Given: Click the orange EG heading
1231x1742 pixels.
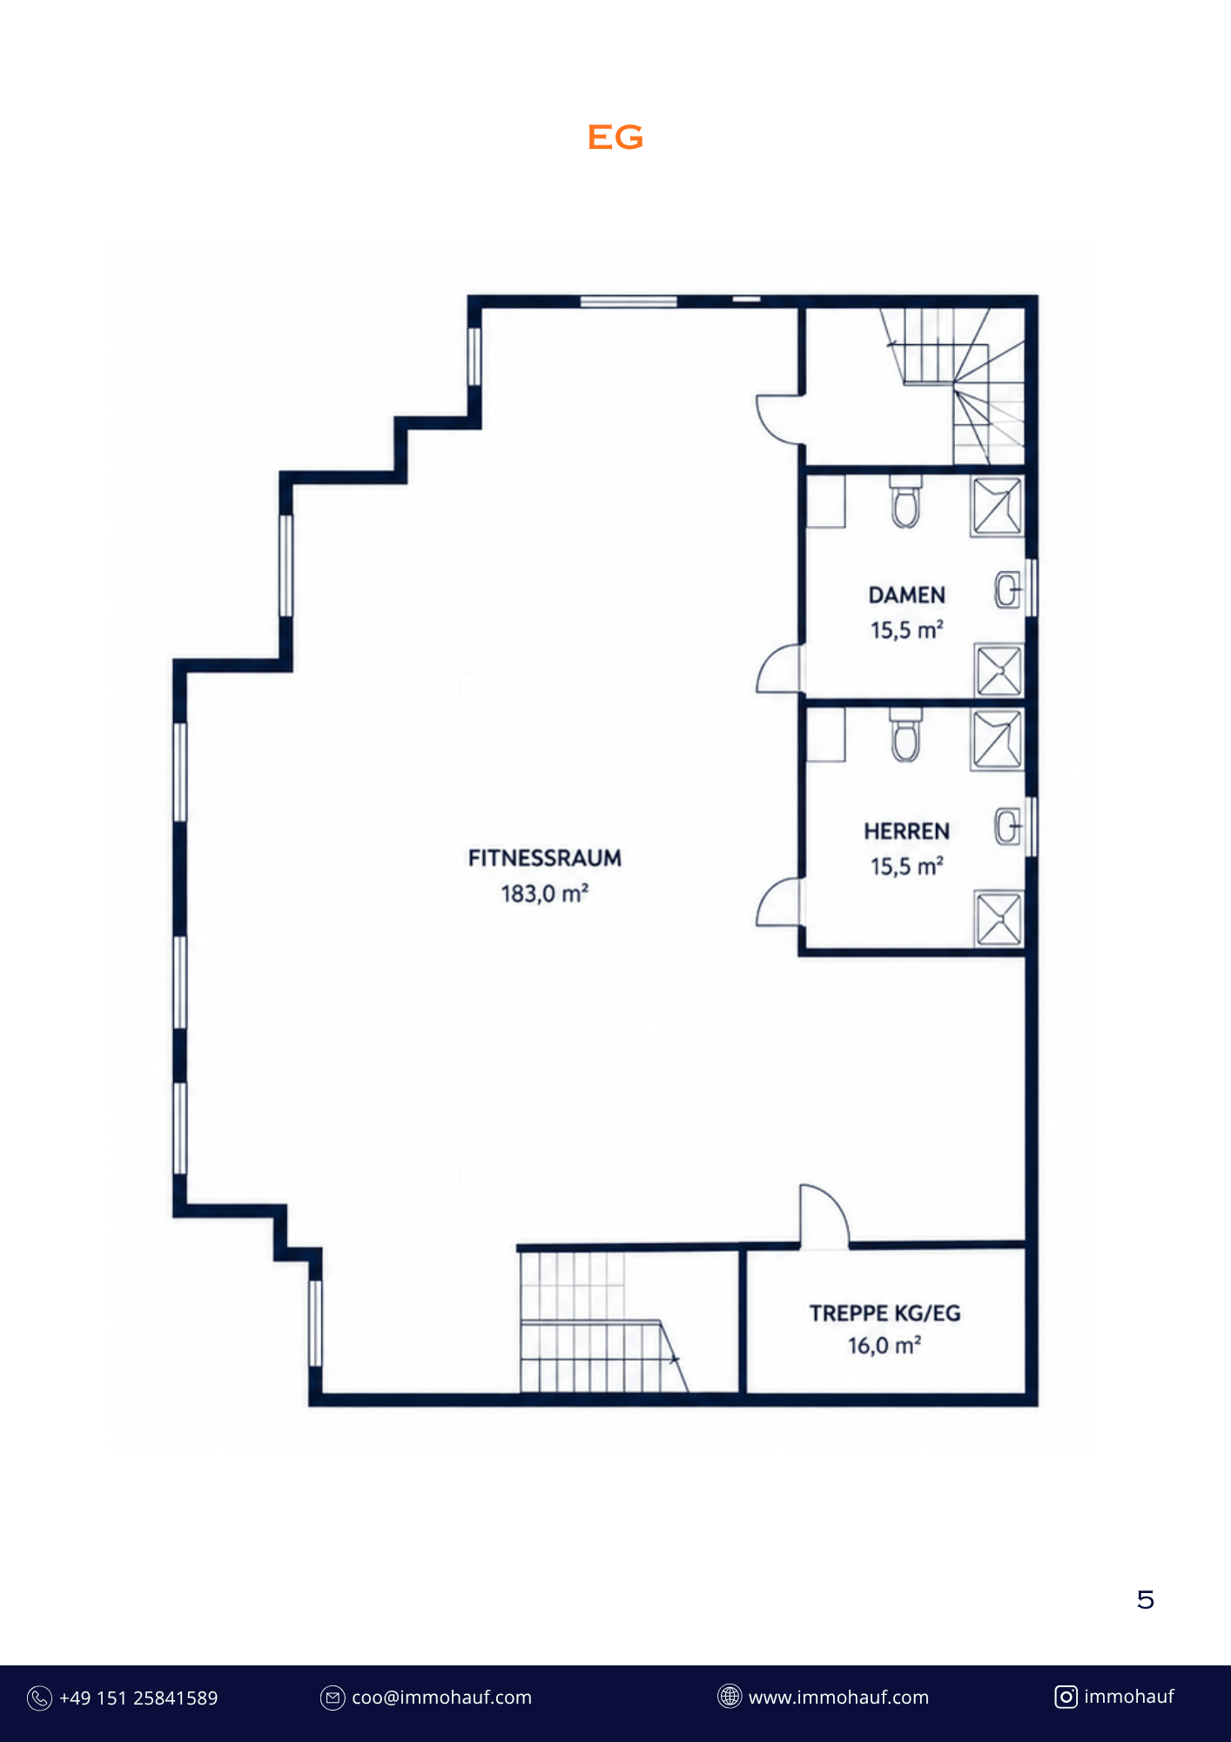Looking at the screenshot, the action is (x=615, y=137).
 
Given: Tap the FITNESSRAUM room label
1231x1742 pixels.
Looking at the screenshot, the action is (x=545, y=858).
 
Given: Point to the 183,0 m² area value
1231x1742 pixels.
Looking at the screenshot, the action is (x=545, y=894).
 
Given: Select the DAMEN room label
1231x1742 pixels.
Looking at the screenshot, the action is (x=907, y=595).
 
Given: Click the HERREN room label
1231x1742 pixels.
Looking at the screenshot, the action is (x=907, y=832).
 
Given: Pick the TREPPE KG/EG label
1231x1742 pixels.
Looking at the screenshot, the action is (x=885, y=1313).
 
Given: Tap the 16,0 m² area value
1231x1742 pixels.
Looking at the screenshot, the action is (x=885, y=1346).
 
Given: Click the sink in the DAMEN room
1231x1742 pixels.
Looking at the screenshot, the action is (x=1008, y=591).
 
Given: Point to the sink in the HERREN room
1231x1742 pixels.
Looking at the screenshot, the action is (x=1008, y=827).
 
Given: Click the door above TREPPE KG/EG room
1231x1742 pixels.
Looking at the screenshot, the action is (x=824, y=1216).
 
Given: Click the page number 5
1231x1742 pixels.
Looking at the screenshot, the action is (x=1146, y=1600).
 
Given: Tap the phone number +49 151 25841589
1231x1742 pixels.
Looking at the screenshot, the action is (x=138, y=1698).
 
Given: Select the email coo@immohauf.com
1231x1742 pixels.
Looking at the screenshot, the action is (x=441, y=1698).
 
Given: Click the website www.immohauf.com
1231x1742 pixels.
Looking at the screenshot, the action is (x=838, y=1698).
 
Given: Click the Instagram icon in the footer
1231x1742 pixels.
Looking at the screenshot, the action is (x=1066, y=1697).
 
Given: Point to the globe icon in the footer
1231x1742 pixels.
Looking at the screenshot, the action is (x=730, y=1697).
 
